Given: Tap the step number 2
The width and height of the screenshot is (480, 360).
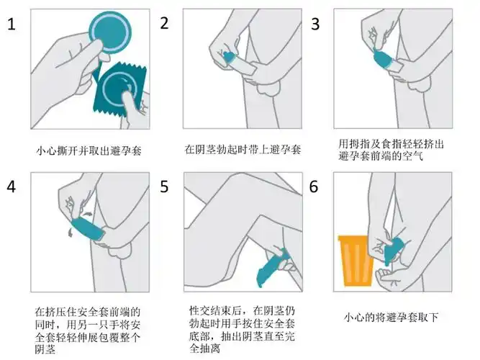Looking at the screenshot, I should [164, 22].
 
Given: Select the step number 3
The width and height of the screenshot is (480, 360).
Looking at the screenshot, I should [314, 23].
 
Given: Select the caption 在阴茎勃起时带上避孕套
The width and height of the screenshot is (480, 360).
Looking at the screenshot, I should [242, 150].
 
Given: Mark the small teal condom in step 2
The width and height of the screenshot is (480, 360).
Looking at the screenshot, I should [228, 56].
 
